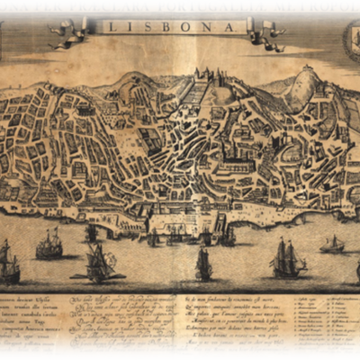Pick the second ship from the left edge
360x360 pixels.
[x=49, y=243]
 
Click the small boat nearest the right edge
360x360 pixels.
[x=333, y=245]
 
